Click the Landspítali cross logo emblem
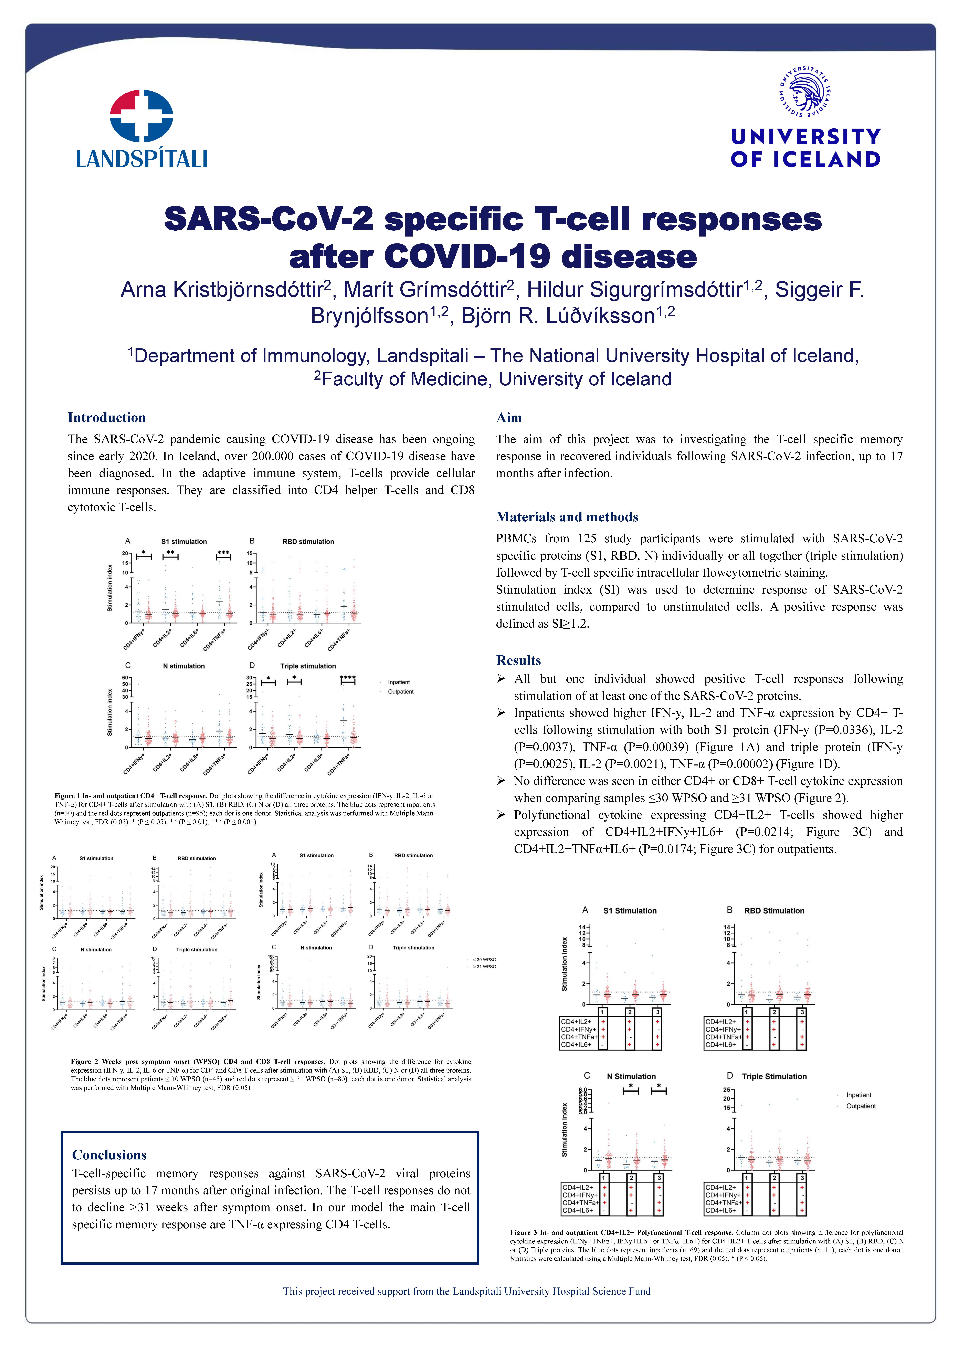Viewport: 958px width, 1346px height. point(142,116)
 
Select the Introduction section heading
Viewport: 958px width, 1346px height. point(107,418)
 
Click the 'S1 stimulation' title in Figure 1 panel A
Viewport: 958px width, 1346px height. point(184,541)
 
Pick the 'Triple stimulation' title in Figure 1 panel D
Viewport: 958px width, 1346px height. point(308,666)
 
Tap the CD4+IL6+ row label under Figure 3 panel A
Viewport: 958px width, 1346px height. point(576,1045)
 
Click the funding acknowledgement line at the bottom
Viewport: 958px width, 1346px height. point(467,1291)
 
